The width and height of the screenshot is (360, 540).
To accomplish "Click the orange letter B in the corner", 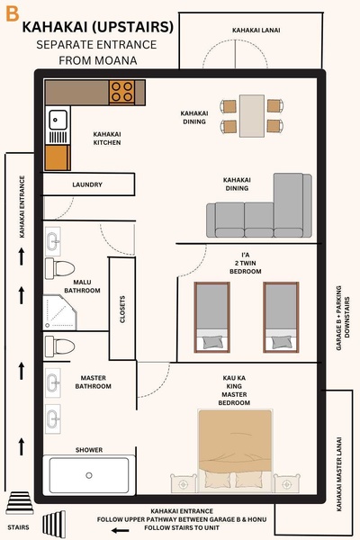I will click(12, 13).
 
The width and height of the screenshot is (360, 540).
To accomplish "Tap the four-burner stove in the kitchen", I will click(121, 91).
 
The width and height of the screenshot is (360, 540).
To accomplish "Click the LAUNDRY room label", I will click(88, 185).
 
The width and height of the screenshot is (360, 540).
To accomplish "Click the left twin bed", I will click(212, 316).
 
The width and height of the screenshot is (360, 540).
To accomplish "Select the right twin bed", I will click(279, 316).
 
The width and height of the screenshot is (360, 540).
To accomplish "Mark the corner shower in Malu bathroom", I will click(59, 313).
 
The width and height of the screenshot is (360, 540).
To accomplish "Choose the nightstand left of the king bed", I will click(184, 483).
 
